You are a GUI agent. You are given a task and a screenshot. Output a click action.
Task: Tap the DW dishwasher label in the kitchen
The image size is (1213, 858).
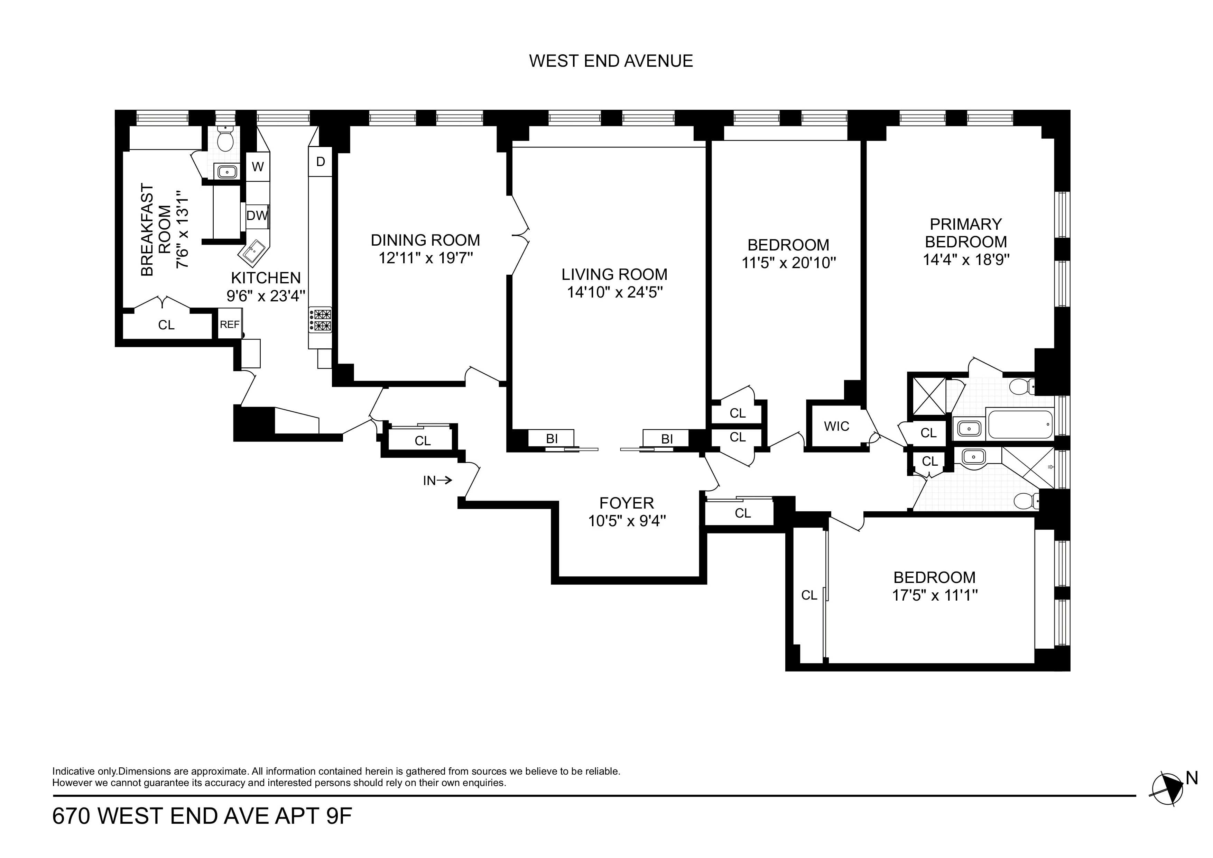pos(257,216)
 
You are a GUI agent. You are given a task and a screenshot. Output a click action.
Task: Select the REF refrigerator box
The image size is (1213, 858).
pos(230,325)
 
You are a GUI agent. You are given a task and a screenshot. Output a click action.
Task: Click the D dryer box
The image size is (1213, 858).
pos(321,162)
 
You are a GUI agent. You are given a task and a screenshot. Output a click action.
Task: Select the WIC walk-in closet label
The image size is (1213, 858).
pos(836,426)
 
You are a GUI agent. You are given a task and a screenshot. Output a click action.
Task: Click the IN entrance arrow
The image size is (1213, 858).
pos(437,481)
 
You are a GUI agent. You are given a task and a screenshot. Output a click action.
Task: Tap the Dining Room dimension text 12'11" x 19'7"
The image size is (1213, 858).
pos(425,258)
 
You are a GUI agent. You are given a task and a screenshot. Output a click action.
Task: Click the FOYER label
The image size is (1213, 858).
pos(627,503)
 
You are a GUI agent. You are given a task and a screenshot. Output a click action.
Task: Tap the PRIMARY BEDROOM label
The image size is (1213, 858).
pos(966,233)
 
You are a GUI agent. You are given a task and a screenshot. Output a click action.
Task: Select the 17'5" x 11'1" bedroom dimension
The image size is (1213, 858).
pos(935,596)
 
